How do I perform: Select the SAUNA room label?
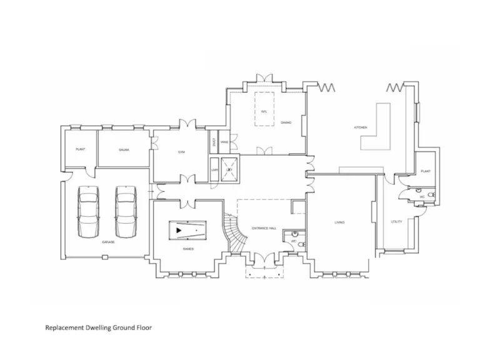coord(123,150)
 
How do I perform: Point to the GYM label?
coord(181,152)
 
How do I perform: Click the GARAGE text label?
coord(108,241)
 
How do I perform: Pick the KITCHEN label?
coord(361,127)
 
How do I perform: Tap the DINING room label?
coord(286,122)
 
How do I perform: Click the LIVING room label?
coord(339,222)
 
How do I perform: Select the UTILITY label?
coord(396,221)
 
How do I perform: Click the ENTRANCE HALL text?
coord(264,229)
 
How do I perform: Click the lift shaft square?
coord(229,170)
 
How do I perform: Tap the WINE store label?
coord(224,142)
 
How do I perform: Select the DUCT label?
coord(214,142)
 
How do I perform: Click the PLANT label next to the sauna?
coord(81,150)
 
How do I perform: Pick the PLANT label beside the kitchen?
coord(426,171)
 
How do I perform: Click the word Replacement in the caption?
coord(64,327)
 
